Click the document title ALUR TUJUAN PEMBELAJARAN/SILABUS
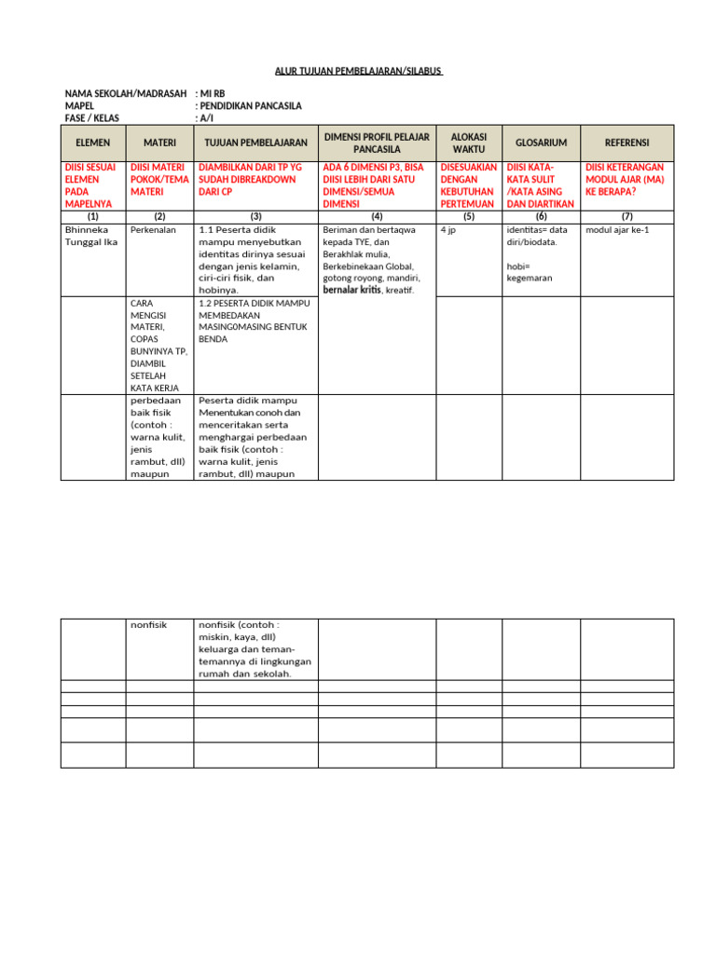[x=358, y=71]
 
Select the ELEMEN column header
[x=92, y=143]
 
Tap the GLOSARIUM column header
[x=541, y=143]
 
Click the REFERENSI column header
[x=627, y=143]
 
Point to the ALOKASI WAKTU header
[x=469, y=143]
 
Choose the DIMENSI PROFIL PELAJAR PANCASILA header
[x=377, y=143]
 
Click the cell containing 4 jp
[x=447, y=229]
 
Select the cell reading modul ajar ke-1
[x=616, y=229]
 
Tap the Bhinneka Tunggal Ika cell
[x=90, y=236]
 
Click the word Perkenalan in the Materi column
[x=154, y=229]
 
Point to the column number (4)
[x=377, y=215]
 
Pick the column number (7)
[x=627, y=215]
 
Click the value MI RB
[x=213, y=94]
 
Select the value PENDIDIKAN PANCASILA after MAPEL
[x=251, y=106]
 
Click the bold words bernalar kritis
[x=351, y=291]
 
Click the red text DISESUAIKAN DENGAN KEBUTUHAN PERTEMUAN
[x=469, y=184]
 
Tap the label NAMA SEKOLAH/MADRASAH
[x=126, y=94]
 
